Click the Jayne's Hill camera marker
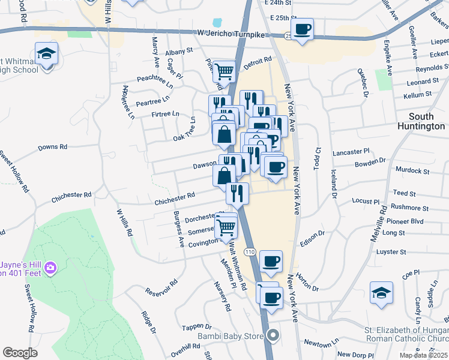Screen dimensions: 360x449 pos(50,266)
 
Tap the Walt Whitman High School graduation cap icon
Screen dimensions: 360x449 pos(46,55)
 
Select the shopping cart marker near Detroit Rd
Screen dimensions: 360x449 pos(224,71)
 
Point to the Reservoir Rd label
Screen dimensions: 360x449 pos(161,287)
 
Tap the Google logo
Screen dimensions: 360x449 pos(20,353)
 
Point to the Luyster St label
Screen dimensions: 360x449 pos(391,252)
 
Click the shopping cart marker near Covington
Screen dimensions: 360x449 pos(226,228)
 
